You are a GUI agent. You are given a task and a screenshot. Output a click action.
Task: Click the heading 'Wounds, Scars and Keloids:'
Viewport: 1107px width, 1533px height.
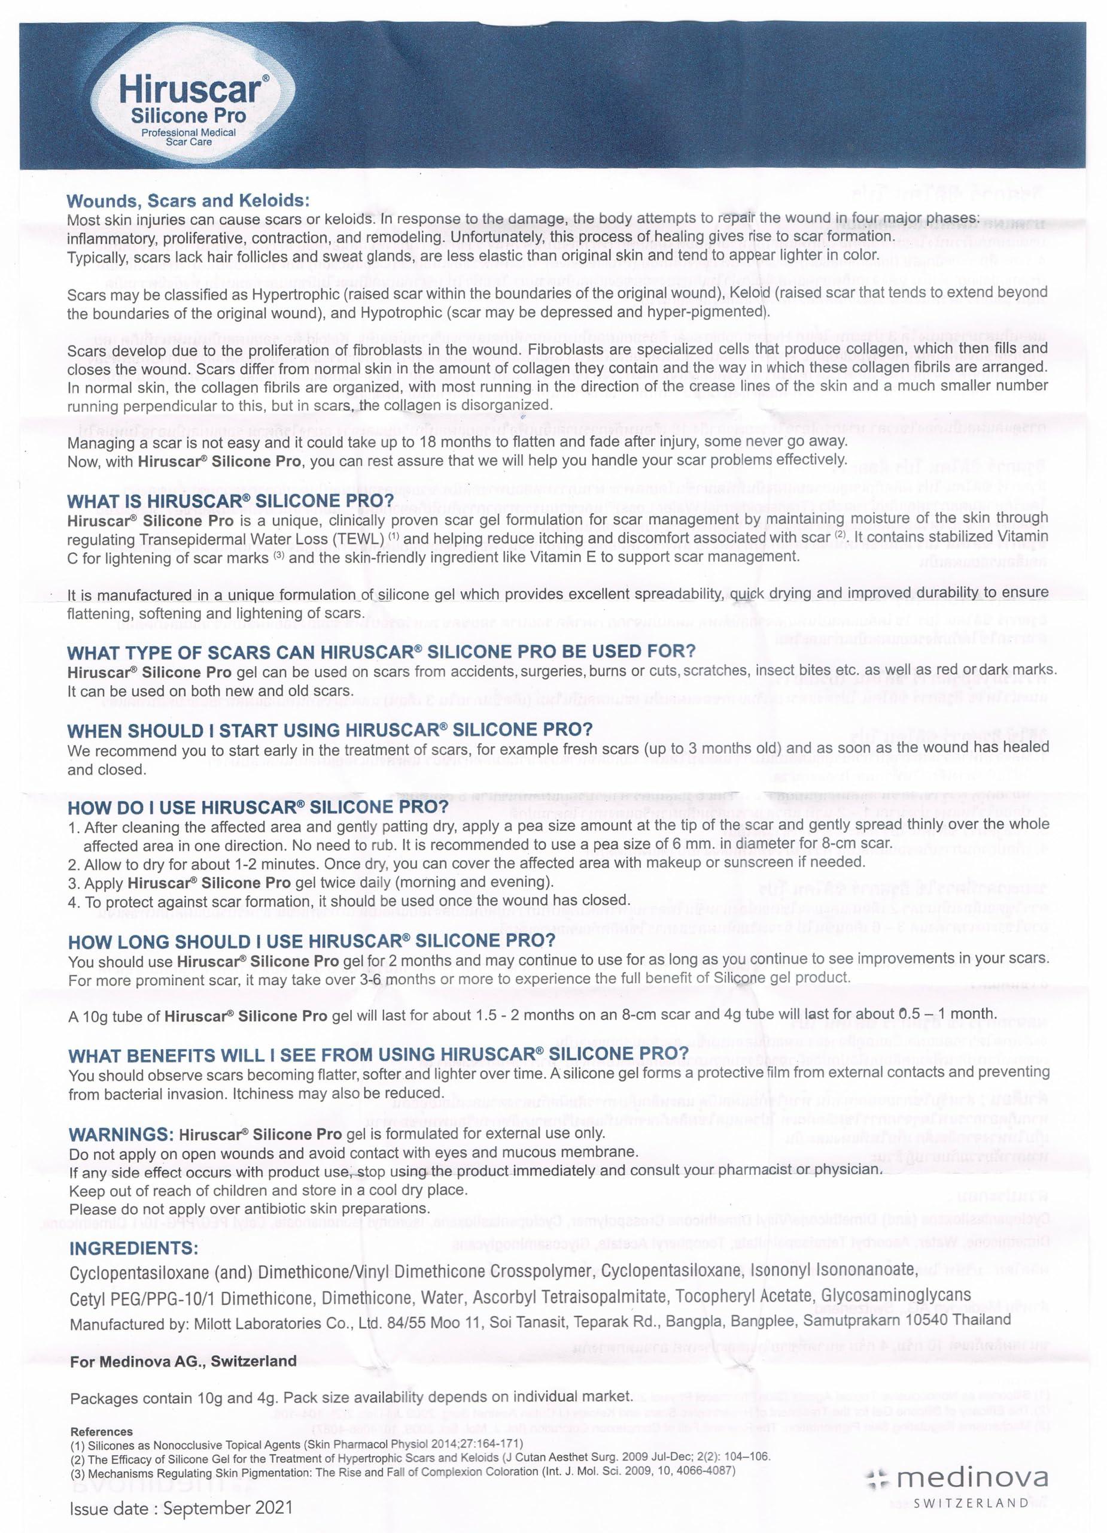coord(188,201)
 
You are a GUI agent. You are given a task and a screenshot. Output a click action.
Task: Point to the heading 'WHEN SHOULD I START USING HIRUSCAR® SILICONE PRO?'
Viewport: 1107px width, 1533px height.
coord(330,730)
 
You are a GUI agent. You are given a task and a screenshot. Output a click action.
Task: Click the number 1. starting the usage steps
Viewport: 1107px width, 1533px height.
coord(74,826)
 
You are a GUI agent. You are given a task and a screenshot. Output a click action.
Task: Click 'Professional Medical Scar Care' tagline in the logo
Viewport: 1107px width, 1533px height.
coord(188,137)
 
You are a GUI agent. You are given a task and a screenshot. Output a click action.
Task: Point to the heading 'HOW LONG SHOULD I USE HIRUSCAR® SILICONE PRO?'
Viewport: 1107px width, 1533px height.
coord(311,941)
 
